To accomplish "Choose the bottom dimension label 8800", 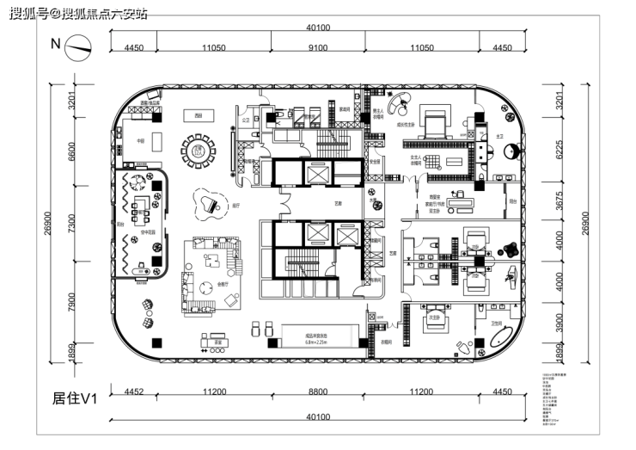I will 317,392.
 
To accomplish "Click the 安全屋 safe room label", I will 376,161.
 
